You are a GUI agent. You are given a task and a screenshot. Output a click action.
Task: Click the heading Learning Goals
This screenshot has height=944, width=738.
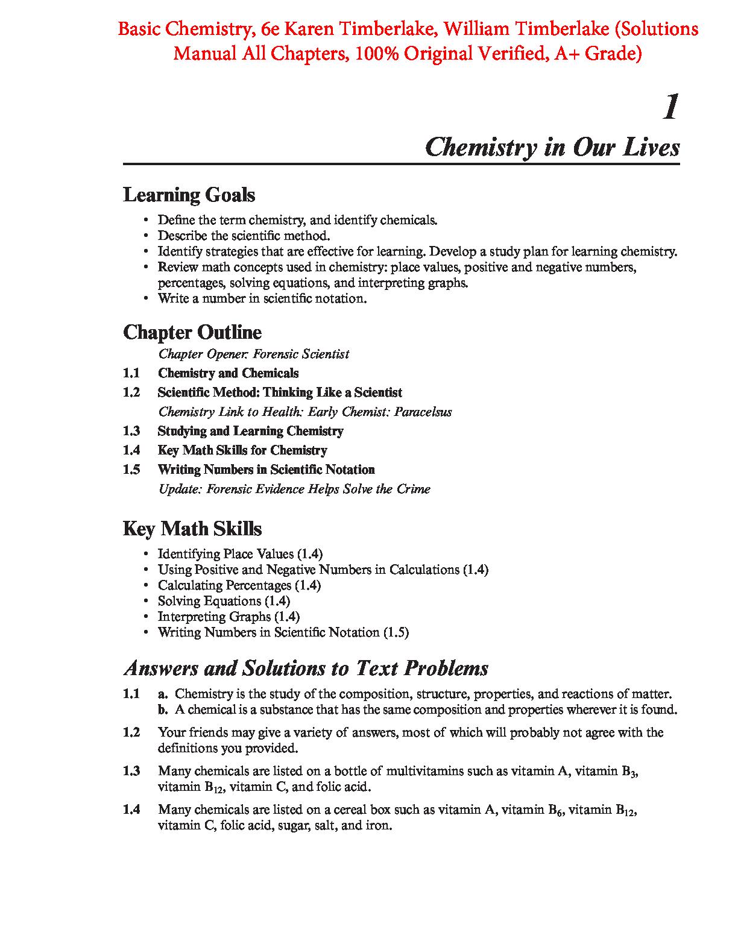(189, 195)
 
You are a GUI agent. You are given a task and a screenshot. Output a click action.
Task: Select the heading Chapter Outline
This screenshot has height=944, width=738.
(192, 332)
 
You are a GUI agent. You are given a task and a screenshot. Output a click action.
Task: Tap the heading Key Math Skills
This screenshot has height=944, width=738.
(192, 529)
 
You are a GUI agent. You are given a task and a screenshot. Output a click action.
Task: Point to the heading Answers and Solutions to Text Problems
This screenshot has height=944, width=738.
(306, 669)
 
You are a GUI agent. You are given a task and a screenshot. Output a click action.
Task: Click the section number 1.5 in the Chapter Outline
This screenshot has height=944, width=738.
(131, 470)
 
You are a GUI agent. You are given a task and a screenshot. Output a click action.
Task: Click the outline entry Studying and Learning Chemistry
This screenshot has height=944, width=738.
(250, 431)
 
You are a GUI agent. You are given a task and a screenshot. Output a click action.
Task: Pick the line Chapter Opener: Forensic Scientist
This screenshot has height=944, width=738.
(253, 354)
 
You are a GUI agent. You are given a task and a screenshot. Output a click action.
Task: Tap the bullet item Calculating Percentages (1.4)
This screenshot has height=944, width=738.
(239, 585)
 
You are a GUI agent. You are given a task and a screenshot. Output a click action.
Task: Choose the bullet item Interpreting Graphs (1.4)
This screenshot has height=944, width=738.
(229, 617)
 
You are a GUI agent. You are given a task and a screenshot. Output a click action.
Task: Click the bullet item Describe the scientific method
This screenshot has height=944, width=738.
(244, 236)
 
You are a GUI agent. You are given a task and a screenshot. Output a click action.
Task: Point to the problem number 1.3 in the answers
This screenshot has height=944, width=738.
(131, 770)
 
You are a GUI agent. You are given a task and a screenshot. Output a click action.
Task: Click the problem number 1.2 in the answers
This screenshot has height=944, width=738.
(131, 732)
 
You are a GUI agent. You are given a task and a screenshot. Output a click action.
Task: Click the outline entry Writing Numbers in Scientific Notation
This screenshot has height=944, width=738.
(266, 470)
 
